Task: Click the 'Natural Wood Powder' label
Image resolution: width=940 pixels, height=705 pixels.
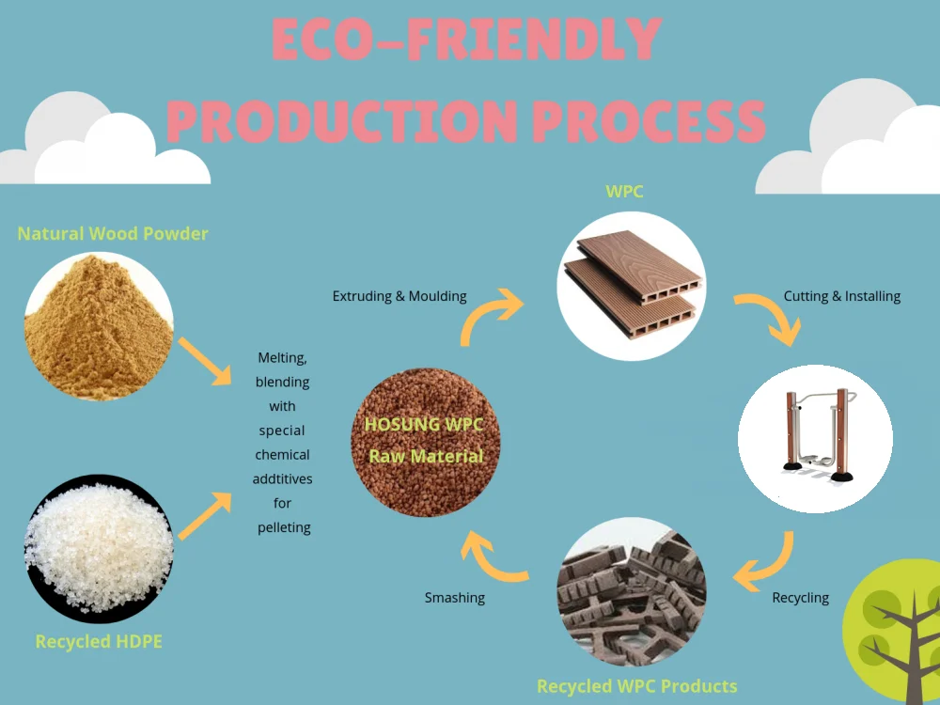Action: [x=113, y=233]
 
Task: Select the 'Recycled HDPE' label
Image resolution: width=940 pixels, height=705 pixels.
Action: [x=99, y=642]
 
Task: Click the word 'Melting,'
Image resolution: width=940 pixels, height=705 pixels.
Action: [x=282, y=358]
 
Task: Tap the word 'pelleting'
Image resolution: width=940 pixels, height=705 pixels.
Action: [x=284, y=527]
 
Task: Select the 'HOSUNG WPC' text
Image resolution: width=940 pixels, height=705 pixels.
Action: [x=424, y=425]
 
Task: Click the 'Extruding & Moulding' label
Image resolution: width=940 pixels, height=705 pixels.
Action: [x=399, y=296]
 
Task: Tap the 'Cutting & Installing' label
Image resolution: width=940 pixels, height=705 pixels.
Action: [x=842, y=296]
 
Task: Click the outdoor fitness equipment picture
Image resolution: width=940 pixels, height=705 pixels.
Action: [x=815, y=438]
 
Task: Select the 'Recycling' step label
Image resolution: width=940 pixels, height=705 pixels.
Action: [x=801, y=597]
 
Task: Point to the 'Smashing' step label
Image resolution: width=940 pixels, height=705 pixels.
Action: [x=455, y=597]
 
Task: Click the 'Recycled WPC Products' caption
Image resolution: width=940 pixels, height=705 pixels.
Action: [x=637, y=685]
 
